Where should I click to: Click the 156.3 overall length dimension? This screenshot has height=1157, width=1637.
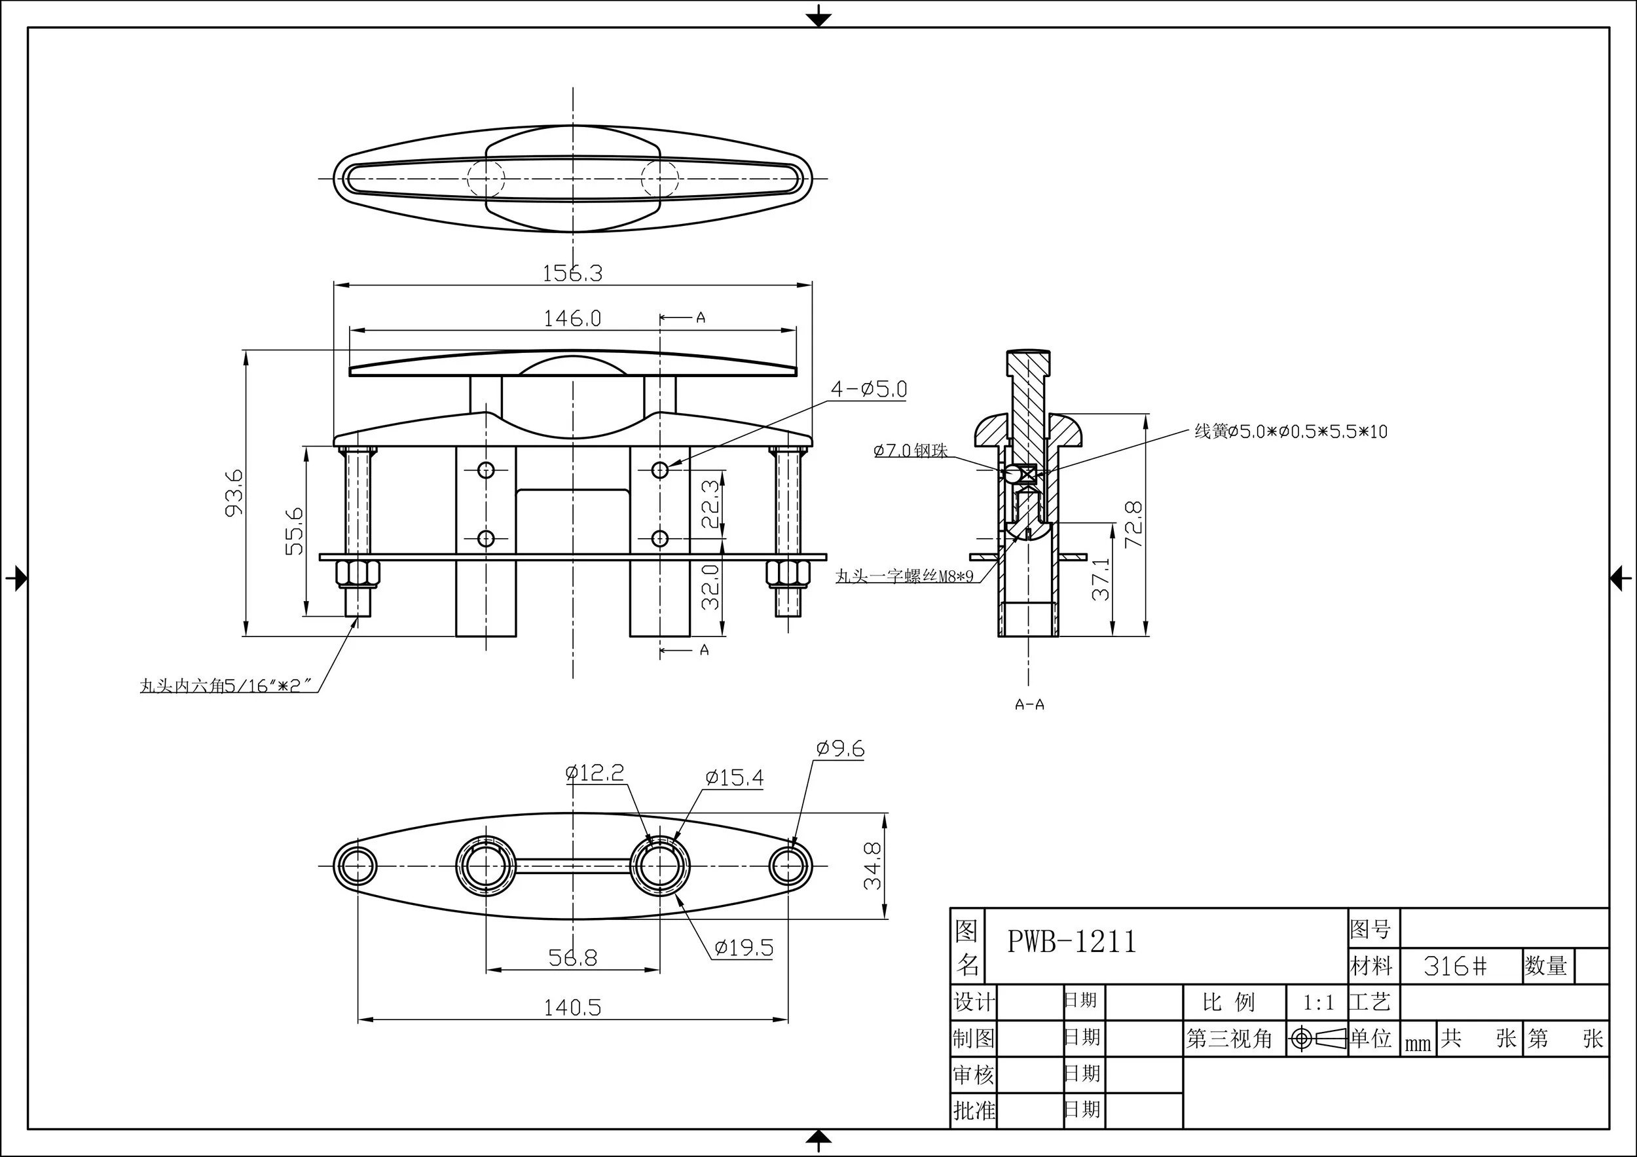pyautogui.click(x=572, y=273)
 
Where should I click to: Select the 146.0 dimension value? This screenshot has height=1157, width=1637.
pyautogui.click(x=572, y=318)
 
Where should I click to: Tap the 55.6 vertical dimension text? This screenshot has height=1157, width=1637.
pyautogui.click(x=295, y=530)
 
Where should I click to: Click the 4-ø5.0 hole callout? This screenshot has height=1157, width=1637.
pyautogui.click(x=868, y=389)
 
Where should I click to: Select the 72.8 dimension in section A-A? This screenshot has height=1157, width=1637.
pyautogui.click(x=1133, y=524)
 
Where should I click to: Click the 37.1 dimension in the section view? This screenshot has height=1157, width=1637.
pyautogui.click(x=1101, y=579)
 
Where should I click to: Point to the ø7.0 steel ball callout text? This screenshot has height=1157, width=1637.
pyautogui.click(x=910, y=450)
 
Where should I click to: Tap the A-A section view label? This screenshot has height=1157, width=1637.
pyautogui.click(x=1029, y=705)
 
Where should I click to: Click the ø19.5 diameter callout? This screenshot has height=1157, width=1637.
pyautogui.click(x=744, y=947)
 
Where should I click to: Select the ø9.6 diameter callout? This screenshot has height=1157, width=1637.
pyautogui.click(x=840, y=748)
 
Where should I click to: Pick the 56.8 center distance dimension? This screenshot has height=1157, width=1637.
pyautogui.click(x=572, y=957)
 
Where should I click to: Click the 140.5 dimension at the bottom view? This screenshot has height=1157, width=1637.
pyautogui.click(x=572, y=1007)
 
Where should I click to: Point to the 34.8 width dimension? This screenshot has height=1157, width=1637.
pyautogui.click(x=873, y=866)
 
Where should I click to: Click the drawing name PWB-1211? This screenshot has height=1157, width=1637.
pyautogui.click(x=1071, y=942)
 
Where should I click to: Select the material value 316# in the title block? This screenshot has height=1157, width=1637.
pyautogui.click(x=1455, y=966)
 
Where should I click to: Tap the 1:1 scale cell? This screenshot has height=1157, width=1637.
pyautogui.click(x=1317, y=1003)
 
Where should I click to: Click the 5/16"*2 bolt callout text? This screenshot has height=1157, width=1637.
pyautogui.click(x=227, y=686)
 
